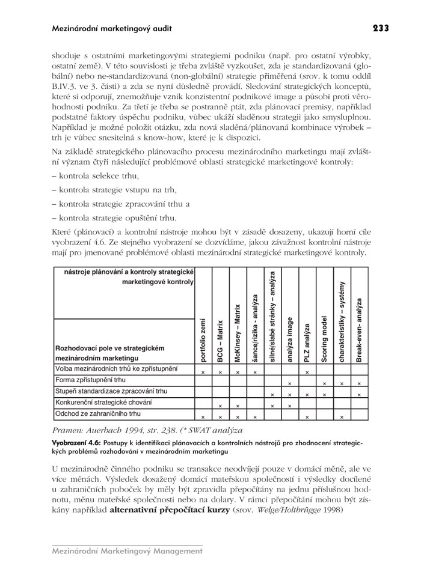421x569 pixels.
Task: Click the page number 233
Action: coord(381,27)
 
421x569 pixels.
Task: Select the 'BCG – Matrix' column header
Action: coord(220,340)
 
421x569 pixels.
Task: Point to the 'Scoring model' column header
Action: coord(324,338)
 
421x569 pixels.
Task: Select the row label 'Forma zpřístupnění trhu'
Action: coord(90,380)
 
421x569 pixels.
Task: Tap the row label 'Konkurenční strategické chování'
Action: coord(103,402)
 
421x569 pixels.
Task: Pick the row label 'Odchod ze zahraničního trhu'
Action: coord(97,413)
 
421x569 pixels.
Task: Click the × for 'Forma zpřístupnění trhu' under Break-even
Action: coord(359,383)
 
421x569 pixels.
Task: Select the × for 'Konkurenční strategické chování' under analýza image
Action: coord(290,406)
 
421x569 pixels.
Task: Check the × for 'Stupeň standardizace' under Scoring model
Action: coord(324,395)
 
